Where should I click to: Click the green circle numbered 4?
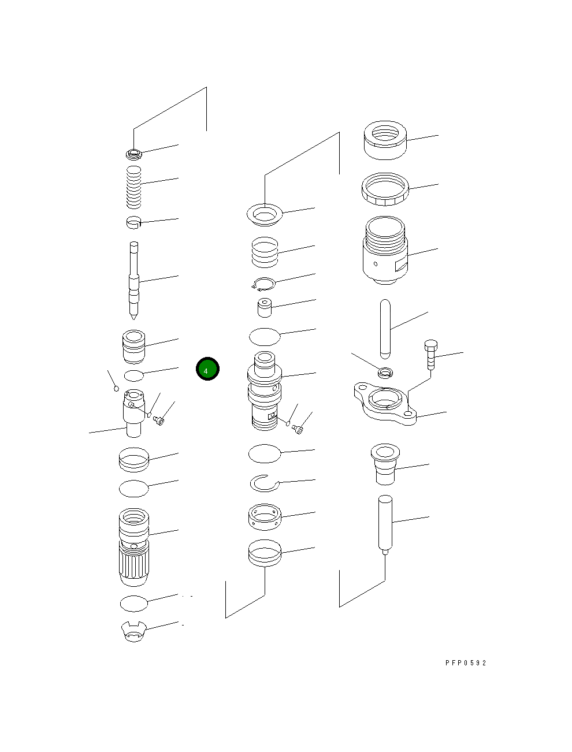click(x=207, y=370)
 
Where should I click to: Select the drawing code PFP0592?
click(x=466, y=663)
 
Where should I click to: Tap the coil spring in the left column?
click(x=134, y=187)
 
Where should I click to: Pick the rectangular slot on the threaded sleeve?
click(x=399, y=266)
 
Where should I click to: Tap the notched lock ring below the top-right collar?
click(x=385, y=189)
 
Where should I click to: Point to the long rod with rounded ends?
click(x=386, y=328)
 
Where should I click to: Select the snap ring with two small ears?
click(x=263, y=284)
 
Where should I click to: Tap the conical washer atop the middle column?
click(x=264, y=215)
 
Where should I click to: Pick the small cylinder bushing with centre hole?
click(x=265, y=307)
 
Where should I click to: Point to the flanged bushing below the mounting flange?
click(x=385, y=464)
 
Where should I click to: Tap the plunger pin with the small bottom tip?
click(x=385, y=523)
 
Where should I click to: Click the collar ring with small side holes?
click(x=265, y=517)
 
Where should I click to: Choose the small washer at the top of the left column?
click(x=133, y=154)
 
